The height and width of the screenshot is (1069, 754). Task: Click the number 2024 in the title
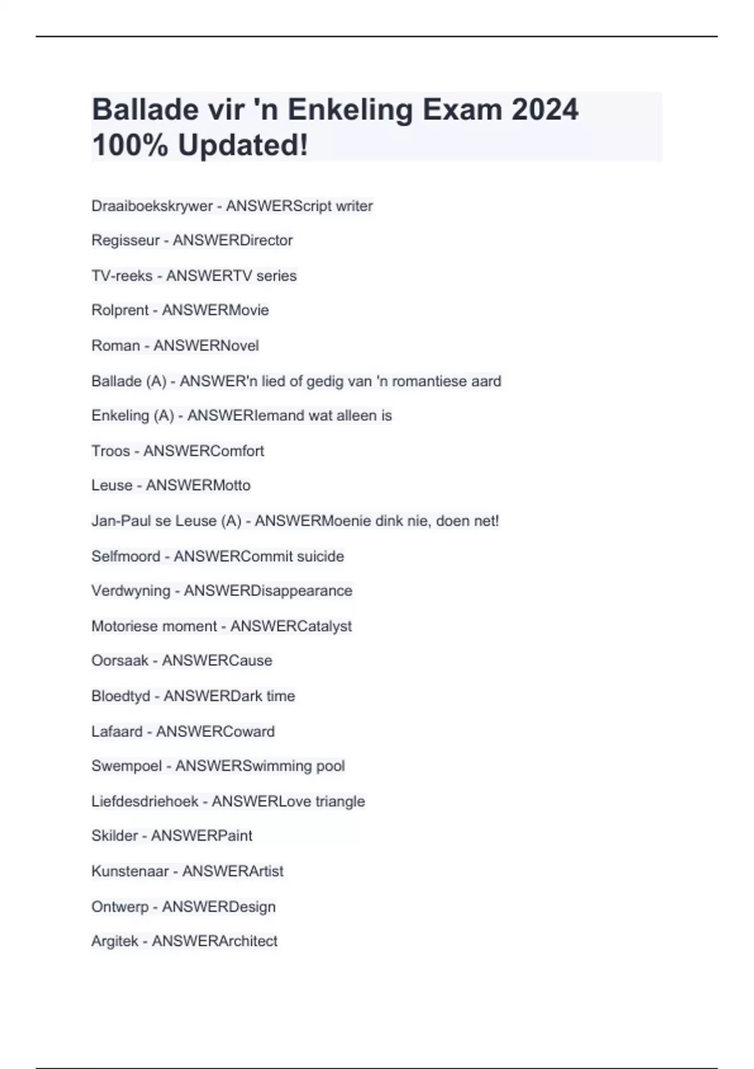click(x=544, y=110)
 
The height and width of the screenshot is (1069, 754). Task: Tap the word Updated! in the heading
click(x=243, y=145)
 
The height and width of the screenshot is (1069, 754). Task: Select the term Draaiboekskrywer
click(x=152, y=206)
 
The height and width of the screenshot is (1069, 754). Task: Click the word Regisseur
click(x=126, y=240)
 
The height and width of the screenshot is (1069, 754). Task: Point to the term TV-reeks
click(x=122, y=276)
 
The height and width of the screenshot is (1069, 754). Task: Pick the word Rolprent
click(x=120, y=310)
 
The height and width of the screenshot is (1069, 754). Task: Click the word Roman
click(x=116, y=346)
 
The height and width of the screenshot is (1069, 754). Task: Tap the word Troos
click(x=111, y=451)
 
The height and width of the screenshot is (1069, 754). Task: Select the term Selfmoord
click(x=126, y=557)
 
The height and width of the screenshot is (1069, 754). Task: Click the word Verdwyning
click(x=131, y=591)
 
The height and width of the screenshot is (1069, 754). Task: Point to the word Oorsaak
click(x=120, y=661)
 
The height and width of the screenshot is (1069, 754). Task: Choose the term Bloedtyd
click(x=121, y=696)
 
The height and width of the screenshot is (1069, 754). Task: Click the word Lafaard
click(x=117, y=731)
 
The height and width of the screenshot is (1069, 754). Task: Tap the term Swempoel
click(x=126, y=766)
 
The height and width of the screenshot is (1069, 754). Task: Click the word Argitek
click(x=115, y=941)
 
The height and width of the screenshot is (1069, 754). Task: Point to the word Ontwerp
click(x=120, y=907)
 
